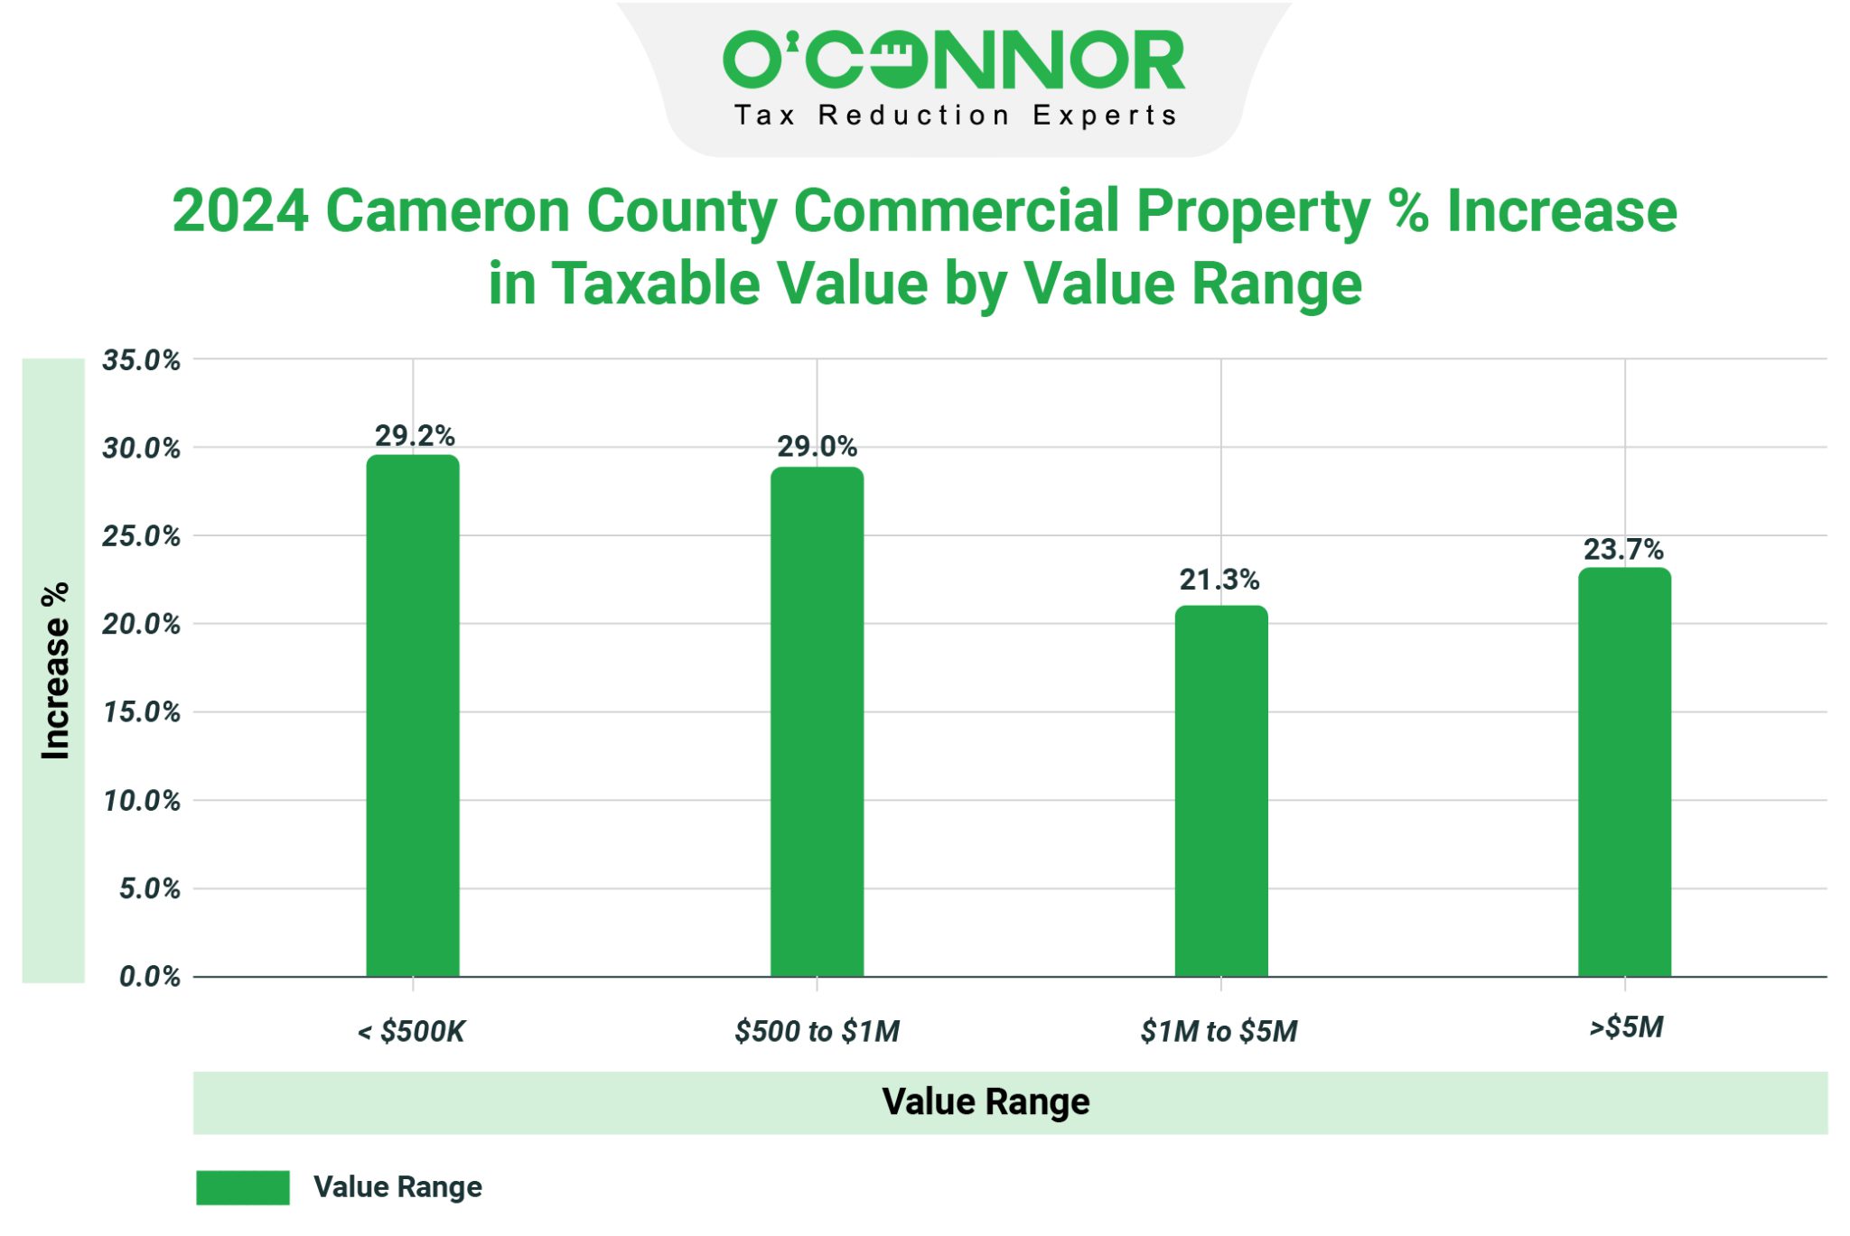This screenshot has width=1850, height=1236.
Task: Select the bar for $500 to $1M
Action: click(x=817, y=721)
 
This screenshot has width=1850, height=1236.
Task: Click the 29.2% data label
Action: click(x=415, y=436)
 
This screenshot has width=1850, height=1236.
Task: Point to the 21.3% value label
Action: click(x=1219, y=580)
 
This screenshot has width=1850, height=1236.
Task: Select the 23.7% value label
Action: click(x=1622, y=549)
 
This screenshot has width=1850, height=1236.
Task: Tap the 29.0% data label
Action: click(x=817, y=446)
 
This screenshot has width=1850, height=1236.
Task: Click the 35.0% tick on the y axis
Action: click(x=141, y=360)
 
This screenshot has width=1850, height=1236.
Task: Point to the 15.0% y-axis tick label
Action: click(x=141, y=712)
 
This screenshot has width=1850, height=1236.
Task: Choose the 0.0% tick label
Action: click(x=149, y=976)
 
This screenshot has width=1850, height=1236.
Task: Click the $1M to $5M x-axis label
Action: click(x=1219, y=1031)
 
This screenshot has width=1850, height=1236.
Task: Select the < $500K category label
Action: click(x=411, y=1031)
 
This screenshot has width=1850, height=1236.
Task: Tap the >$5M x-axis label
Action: click(x=1626, y=1027)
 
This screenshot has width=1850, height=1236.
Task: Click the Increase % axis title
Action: click(x=55, y=670)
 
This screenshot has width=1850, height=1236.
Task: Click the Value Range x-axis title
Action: click(x=986, y=1102)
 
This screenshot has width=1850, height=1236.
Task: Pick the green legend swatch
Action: click(x=242, y=1187)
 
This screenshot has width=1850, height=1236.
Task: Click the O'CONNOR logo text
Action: click(x=953, y=60)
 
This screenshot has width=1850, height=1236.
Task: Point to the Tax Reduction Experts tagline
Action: click(x=955, y=116)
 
